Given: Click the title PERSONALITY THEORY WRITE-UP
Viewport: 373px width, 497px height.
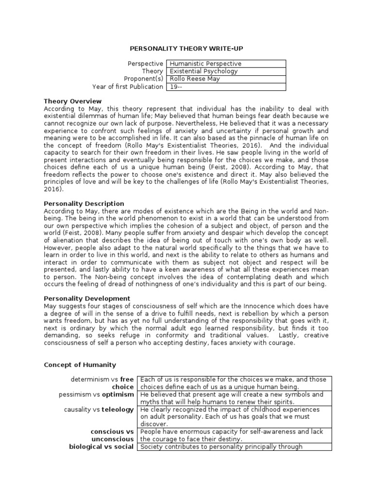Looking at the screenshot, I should coord(186,49).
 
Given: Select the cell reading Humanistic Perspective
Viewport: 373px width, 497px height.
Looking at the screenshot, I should coord(226,64).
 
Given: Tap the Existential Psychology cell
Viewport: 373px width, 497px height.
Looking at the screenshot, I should coord(226,71).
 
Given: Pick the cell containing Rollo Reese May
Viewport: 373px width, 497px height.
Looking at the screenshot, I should coord(226,79).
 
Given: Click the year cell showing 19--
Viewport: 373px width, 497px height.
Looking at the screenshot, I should coord(226,87).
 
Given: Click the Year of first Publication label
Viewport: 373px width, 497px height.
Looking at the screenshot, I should coord(128,87).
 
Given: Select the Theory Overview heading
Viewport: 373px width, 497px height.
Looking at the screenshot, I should coord(73,101).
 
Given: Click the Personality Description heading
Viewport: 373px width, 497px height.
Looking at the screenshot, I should coord(84,203).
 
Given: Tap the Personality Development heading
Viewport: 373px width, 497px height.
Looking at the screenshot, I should coord(87,298).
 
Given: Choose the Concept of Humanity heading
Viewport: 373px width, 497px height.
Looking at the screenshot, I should coord(80,364).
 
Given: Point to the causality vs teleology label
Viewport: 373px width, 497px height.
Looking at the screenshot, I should coord(99,410).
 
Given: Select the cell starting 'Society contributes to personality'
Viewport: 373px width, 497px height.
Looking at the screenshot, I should coord(234,447).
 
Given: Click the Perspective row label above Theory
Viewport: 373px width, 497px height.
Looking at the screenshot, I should coord(145,64).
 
